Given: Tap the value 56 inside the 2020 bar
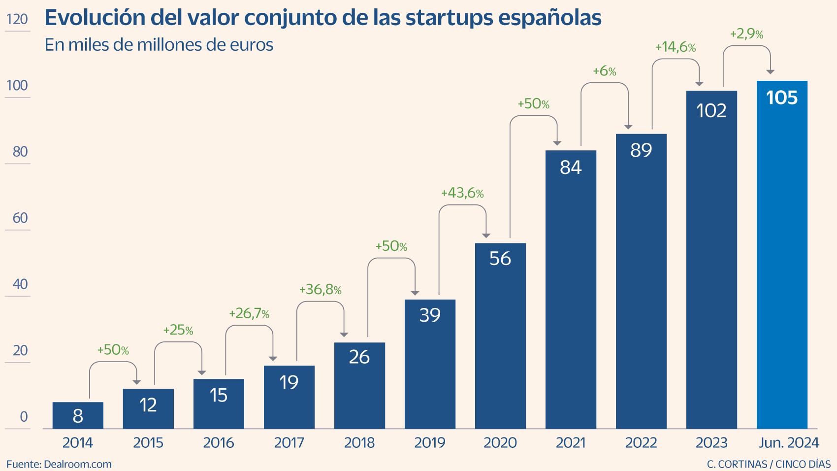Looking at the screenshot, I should (x=500, y=259).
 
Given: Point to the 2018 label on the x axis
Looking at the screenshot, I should (x=359, y=443).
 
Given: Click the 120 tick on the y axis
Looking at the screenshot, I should (x=17, y=20).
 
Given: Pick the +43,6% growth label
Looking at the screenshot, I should (x=462, y=193).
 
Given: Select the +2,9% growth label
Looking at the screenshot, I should (x=746, y=34).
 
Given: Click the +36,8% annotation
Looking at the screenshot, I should (x=320, y=290).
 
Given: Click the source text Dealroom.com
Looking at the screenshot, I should (x=78, y=464).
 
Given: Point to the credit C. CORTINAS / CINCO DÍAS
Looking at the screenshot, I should (x=769, y=464).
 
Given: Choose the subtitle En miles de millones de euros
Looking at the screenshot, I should (x=159, y=45).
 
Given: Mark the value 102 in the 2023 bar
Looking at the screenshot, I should (x=711, y=111).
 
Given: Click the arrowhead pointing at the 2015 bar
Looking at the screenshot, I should (x=137, y=382).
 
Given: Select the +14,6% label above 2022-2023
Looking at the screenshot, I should (x=675, y=48).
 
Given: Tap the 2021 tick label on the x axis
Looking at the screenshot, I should (x=571, y=443).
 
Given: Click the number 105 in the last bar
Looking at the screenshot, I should (x=782, y=98).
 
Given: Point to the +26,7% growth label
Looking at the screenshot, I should (x=249, y=313).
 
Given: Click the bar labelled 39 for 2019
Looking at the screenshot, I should (x=430, y=365).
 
